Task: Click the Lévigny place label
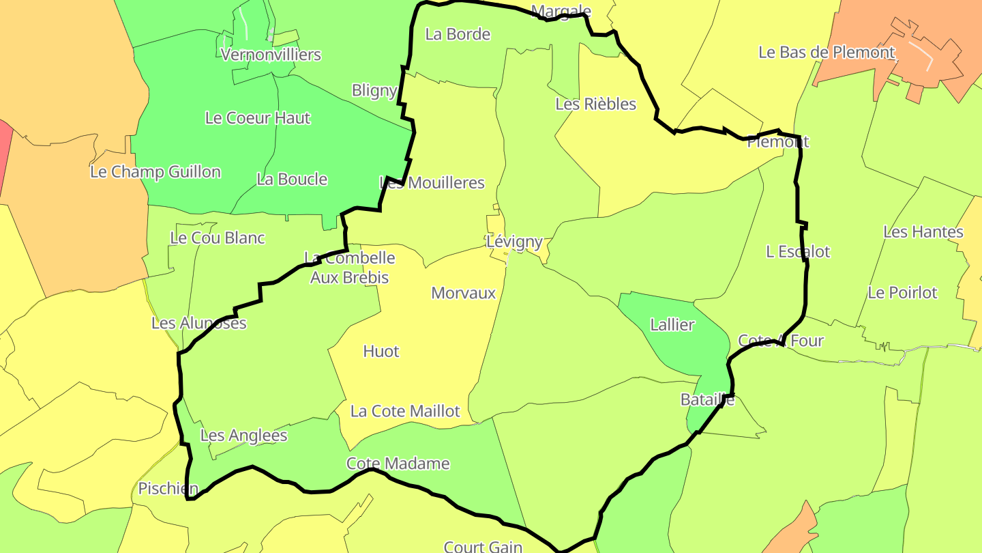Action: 514,242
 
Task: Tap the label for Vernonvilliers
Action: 271,55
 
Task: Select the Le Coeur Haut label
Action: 258,118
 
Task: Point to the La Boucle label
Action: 292,180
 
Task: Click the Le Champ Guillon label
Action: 155,172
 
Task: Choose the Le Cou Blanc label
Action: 218,238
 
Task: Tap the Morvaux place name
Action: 463,293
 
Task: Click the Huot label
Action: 381,352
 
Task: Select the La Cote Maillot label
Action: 405,412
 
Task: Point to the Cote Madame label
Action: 398,464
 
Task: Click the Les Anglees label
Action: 243,436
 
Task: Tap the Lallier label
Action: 672,325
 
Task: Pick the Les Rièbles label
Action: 595,104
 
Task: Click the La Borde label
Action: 458,34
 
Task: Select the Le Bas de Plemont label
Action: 827,53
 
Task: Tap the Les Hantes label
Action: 923,232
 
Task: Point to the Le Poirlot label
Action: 902,293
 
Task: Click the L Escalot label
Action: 798,252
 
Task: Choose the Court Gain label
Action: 483,546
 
